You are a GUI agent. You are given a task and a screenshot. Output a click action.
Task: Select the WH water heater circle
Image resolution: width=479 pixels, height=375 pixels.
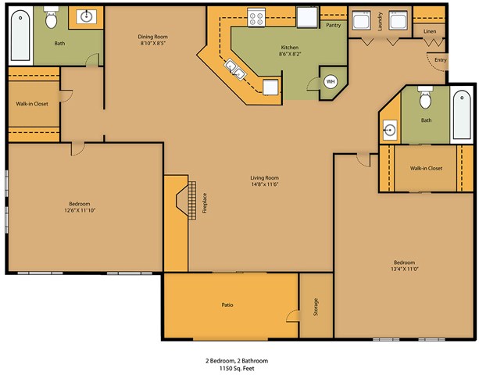coord(330,81)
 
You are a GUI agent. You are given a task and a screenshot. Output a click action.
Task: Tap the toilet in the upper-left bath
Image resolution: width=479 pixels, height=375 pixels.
coord(52,17)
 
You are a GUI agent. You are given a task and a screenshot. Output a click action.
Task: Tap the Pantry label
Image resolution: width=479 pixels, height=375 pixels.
coord(334,25)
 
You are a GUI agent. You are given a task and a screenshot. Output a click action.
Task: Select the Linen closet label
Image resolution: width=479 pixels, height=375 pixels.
coord(429,31)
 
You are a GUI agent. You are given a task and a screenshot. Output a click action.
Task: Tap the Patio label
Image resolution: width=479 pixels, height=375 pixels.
coord(227,305)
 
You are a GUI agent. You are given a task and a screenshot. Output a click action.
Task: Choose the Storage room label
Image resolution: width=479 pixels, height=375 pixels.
coord(316,307)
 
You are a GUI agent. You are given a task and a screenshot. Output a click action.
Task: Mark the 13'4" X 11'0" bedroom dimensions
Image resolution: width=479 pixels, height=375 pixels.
coord(404,269)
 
